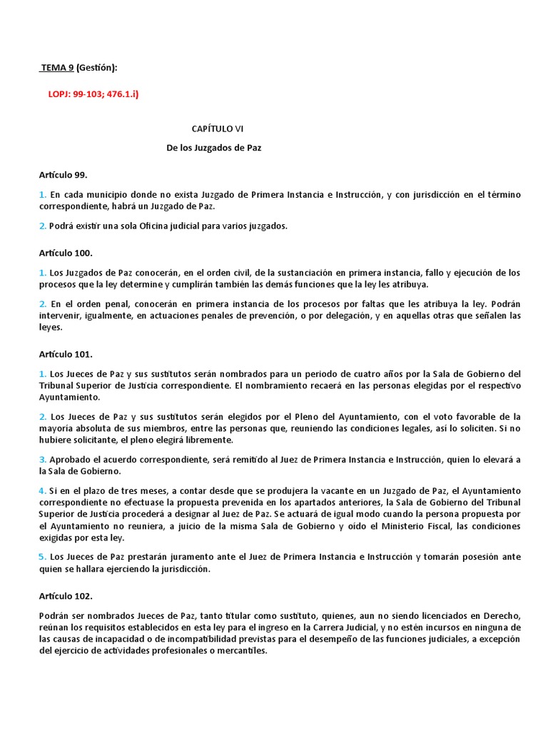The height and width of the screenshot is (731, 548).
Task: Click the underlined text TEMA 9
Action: [57, 68]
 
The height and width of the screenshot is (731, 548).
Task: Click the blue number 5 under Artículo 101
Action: [42, 556]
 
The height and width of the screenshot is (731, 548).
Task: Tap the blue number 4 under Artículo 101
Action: [42, 491]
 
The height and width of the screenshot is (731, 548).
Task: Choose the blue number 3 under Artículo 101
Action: [42, 460]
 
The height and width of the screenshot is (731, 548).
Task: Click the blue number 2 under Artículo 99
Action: [42, 226]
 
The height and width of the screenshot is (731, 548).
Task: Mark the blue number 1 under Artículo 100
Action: [42, 273]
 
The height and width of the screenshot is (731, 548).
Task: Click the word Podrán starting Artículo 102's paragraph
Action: [56, 615]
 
